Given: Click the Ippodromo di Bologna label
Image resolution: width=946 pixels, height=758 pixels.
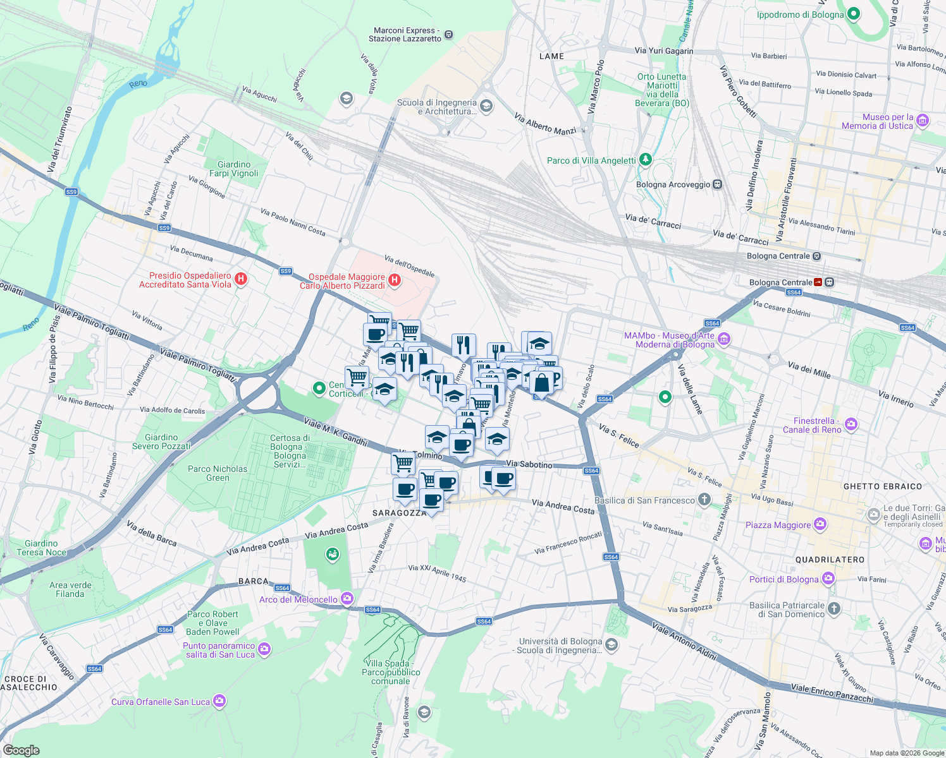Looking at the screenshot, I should tap(800, 15).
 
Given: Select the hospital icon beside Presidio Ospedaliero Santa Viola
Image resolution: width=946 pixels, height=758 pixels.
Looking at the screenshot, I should tap(240, 279).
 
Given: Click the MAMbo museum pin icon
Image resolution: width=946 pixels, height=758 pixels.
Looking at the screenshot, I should tap(724, 340).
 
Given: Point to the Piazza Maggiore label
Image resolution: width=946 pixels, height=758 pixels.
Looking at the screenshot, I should tap(778, 525).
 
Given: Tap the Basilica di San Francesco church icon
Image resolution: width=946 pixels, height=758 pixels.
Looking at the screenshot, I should tap(704, 500).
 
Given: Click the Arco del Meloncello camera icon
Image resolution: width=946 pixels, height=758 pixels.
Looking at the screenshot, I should tap(347, 598).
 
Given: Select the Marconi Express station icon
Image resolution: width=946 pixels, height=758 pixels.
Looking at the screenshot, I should tap(448, 34).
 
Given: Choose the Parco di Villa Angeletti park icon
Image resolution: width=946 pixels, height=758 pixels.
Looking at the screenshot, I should tap(645, 160).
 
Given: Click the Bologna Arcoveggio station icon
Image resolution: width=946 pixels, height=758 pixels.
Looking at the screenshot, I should tap(717, 184).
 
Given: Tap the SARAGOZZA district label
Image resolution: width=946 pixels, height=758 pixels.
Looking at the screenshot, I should tap(399, 513).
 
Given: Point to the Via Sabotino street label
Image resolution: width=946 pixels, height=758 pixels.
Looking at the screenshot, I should tap(529, 464).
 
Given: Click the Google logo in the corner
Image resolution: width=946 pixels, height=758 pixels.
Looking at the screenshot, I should tap(21, 750).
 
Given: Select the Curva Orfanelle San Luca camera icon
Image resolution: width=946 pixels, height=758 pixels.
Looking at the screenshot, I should tap(219, 701).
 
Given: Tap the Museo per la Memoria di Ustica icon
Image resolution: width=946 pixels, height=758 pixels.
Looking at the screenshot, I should tap(923, 121).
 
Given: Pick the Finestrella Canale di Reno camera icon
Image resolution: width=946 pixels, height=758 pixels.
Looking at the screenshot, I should tap(851, 424).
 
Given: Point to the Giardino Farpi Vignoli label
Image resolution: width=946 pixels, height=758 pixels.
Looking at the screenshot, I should tap(234, 169).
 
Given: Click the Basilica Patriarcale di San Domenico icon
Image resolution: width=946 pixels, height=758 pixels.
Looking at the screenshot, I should tap(834, 609).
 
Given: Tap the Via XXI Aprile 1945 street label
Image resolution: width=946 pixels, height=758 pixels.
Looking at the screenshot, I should tap(437, 573).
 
